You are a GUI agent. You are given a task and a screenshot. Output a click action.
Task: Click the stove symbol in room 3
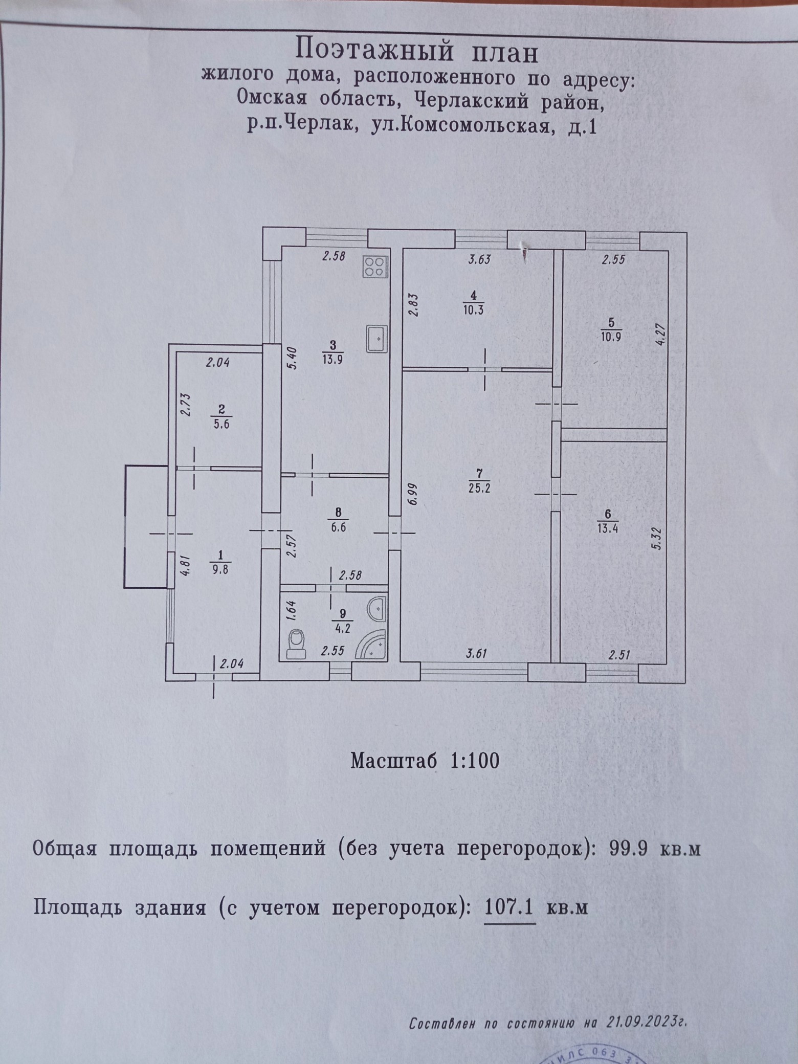[375, 267]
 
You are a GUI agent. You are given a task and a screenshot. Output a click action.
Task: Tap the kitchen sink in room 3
[376, 338]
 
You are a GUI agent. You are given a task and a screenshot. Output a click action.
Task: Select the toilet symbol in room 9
[296, 644]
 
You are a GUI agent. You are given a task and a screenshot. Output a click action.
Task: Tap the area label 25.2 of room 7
[479, 488]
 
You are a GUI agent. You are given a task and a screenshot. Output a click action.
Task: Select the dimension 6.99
[413, 494]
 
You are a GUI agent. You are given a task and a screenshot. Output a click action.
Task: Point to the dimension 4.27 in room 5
[659, 334]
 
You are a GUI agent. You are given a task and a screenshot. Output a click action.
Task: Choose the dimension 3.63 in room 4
[479, 259]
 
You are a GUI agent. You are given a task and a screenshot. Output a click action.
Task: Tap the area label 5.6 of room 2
[221, 424]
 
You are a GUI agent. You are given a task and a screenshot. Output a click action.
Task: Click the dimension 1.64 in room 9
[290, 610]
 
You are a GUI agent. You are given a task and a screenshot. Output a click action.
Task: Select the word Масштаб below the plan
[394, 761]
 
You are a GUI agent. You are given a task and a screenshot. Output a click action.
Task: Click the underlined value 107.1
[509, 907]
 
